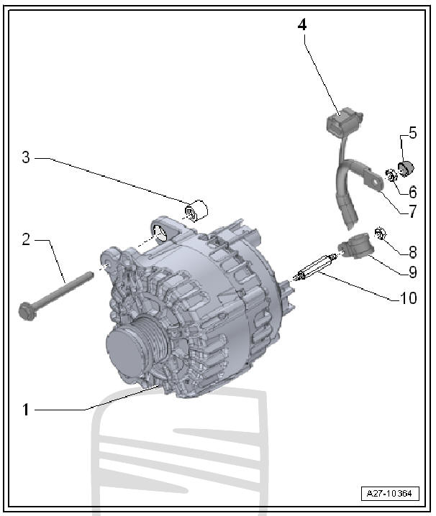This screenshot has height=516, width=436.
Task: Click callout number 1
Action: (x=26, y=410)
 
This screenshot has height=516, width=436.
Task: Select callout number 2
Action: (x=26, y=239)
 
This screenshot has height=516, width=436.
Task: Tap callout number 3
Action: (x=26, y=157)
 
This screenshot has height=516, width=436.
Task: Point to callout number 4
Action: (x=302, y=24)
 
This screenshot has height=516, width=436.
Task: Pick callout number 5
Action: (x=412, y=132)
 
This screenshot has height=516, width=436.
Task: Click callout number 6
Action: (x=412, y=192)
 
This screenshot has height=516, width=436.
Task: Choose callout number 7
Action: (x=412, y=211)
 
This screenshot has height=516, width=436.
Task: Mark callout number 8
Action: (x=412, y=252)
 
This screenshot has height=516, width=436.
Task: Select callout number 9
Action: (x=412, y=272)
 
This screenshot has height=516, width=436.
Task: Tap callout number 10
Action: (x=409, y=298)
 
